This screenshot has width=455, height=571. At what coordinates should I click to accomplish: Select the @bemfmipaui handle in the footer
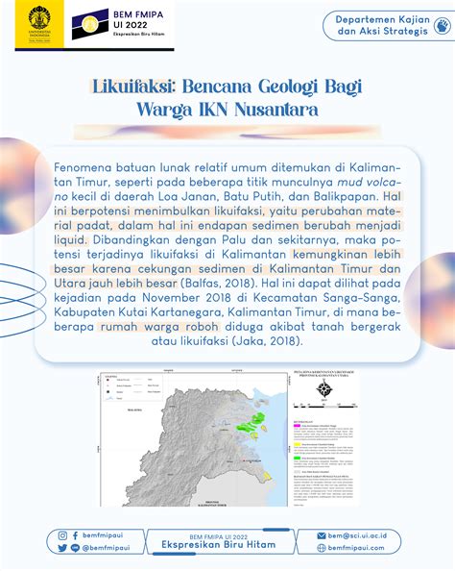pyautogui.click(x=104, y=548)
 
